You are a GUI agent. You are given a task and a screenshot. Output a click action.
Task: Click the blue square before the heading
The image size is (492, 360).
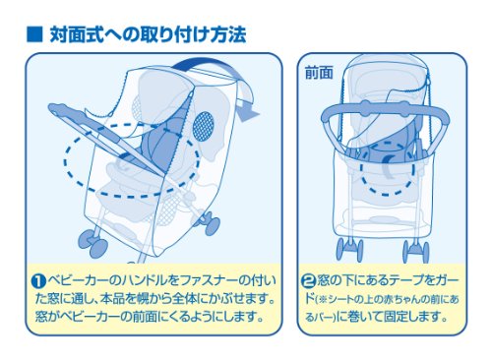coord(34,34)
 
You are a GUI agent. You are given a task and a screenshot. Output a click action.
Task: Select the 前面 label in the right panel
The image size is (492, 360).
coord(319,73)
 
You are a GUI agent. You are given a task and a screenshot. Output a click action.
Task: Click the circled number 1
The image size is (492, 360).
coord(39,281)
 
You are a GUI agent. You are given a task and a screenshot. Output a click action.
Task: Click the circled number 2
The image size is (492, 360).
coord(308,281)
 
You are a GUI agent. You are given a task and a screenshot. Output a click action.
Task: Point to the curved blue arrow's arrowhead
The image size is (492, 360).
coord(249,113)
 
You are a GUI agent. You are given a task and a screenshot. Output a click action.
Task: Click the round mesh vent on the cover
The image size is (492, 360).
coord(203,127)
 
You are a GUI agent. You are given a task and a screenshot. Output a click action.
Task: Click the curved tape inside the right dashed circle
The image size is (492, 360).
coord(388,166)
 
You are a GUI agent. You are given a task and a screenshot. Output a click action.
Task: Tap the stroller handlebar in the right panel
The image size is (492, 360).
coord(385,113)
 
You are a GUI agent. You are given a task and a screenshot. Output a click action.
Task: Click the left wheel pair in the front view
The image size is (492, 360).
coord(350,250)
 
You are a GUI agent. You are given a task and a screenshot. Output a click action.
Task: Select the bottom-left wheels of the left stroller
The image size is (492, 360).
coord(92,243)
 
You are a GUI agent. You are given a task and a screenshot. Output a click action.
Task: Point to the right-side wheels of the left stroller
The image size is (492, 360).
coord(208,222)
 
